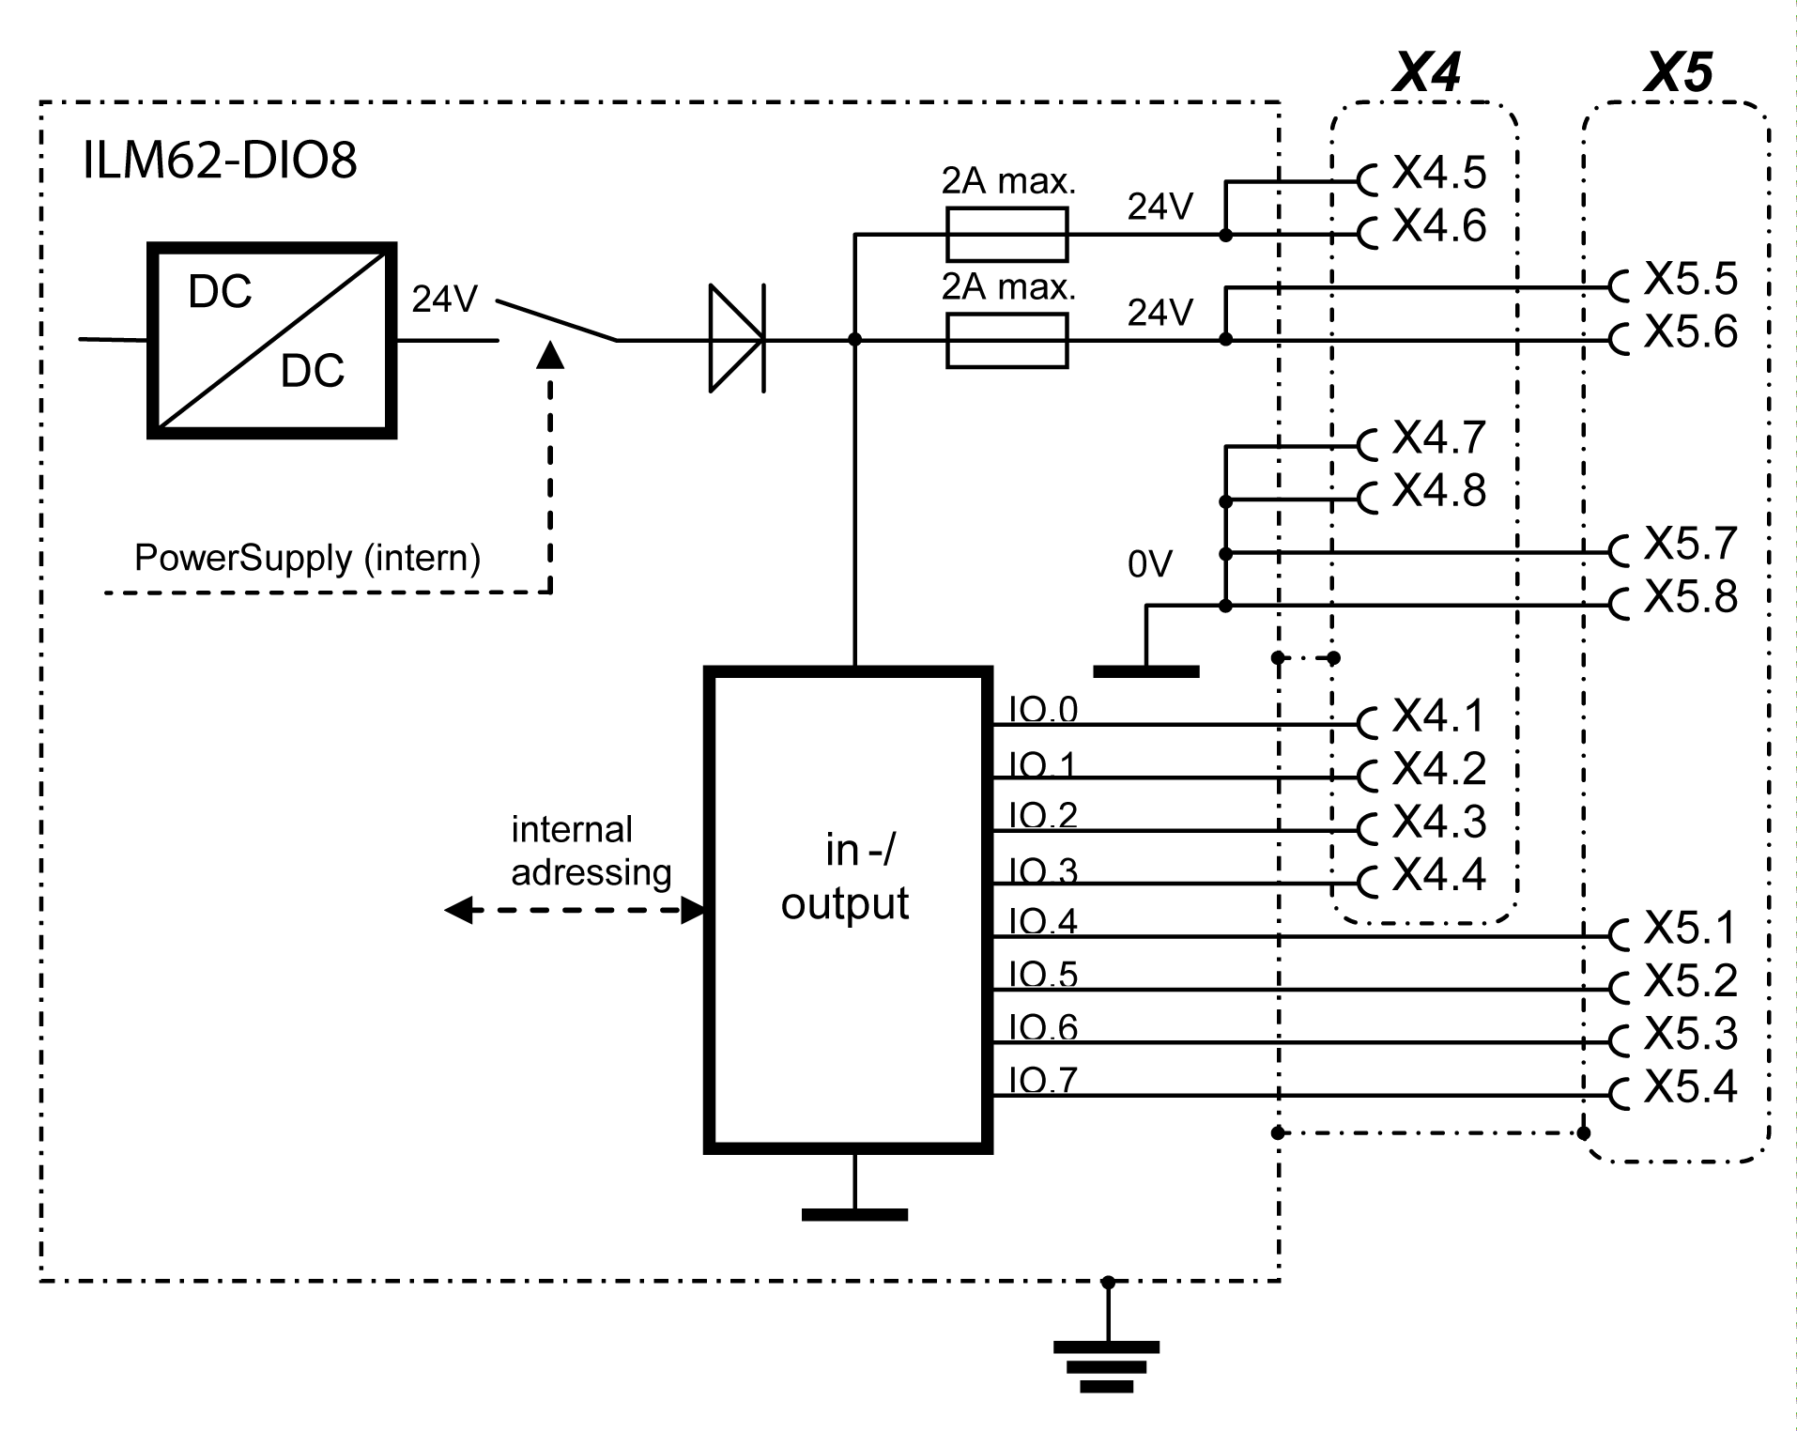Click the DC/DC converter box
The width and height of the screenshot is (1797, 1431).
pos(271,340)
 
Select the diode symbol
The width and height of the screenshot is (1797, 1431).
pos(736,338)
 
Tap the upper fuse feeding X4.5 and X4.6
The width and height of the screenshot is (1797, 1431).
pos(1006,235)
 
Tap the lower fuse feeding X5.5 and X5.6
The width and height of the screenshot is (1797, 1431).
pos(1006,340)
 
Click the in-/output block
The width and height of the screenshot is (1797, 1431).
pos(848,909)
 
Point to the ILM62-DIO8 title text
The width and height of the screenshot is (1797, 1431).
pos(220,162)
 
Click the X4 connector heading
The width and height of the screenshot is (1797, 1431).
pos(1425,71)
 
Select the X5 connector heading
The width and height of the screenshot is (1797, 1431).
pos(1678,71)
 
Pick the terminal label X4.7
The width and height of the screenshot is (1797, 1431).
pos(1438,438)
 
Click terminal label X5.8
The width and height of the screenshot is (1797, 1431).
pos(1690,597)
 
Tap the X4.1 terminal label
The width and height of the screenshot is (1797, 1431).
pos(1438,716)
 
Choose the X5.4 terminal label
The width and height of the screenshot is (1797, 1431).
pos(1690,1087)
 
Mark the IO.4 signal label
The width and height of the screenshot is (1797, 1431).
pos(1042,922)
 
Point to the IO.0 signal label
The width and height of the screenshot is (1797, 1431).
pos(1042,710)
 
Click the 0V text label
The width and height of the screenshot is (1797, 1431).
pos(1150,564)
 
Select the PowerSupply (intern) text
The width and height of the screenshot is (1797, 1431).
pos(307,558)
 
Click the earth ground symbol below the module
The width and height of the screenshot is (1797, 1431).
pos(1107,1366)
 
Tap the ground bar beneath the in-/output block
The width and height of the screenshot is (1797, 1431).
pos(854,1214)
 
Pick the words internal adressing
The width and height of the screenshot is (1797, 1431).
pos(591,851)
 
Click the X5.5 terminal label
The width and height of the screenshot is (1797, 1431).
pos(1690,279)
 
